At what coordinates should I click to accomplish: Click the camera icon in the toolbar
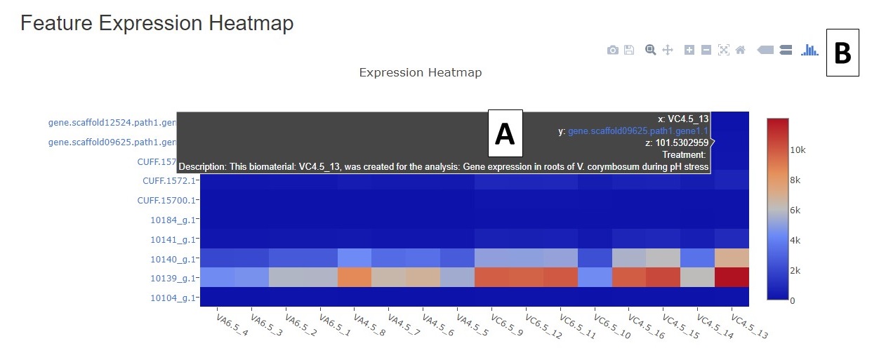(x=612, y=51)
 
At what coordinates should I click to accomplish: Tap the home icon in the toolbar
(x=741, y=50)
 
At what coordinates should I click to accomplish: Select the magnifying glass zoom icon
(x=650, y=50)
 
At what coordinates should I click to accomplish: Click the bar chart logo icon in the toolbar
(x=809, y=50)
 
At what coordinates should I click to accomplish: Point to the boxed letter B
(x=842, y=53)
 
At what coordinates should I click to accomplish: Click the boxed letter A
(x=505, y=133)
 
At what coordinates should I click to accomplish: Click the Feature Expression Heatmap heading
(x=157, y=22)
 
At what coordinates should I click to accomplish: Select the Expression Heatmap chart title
(x=421, y=72)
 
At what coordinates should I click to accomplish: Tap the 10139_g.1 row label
(x=173, y=279)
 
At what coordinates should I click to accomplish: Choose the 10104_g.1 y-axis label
(x=173, y=298)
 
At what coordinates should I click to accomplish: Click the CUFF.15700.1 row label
(x=166, y=201)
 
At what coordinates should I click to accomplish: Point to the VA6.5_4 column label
(x=232, y=325)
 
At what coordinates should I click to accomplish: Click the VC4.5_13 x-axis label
(x=749, y=326)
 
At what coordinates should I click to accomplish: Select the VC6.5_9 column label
(x=507, y=325)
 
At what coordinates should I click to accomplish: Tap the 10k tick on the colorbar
(x=798, y=149)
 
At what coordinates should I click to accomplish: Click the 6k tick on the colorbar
(x=795, y=211)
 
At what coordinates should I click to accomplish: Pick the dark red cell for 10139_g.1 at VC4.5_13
(x=732, y=277)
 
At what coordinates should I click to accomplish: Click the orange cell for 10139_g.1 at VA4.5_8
(x=355, y=277)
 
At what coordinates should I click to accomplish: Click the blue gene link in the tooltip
(x=638, y=131)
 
